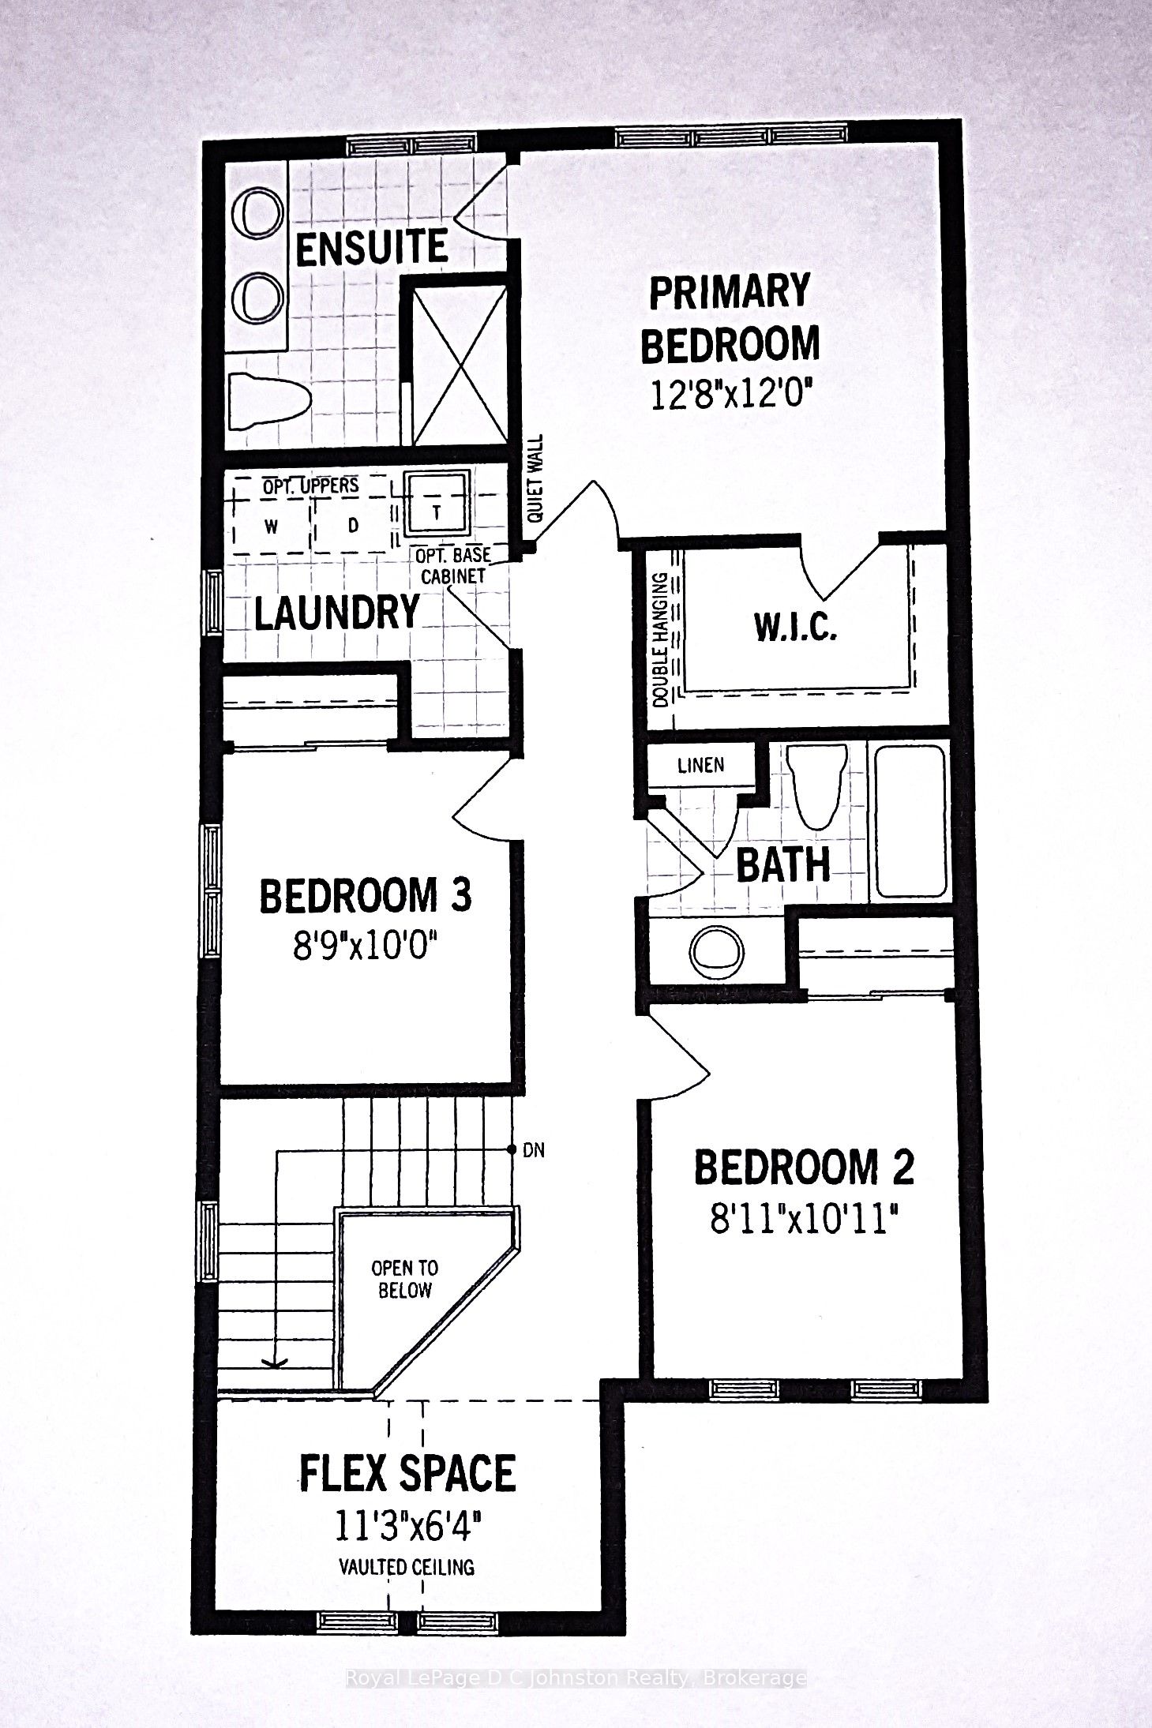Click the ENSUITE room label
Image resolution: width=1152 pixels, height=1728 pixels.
(x=372, y=249)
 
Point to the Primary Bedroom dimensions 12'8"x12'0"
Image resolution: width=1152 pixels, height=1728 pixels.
(x=730, y=392)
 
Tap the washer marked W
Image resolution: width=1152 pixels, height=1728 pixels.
(x=271, y=527)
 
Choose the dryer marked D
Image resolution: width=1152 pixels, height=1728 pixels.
(x=353, y=525)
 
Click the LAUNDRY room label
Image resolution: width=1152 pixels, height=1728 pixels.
(x=336, y=612)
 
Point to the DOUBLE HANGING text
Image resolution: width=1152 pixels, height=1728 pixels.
(x=662, y=639)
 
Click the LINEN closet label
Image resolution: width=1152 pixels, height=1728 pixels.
(x=700, y=766)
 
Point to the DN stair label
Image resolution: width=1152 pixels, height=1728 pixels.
(x=534, y=1150)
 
